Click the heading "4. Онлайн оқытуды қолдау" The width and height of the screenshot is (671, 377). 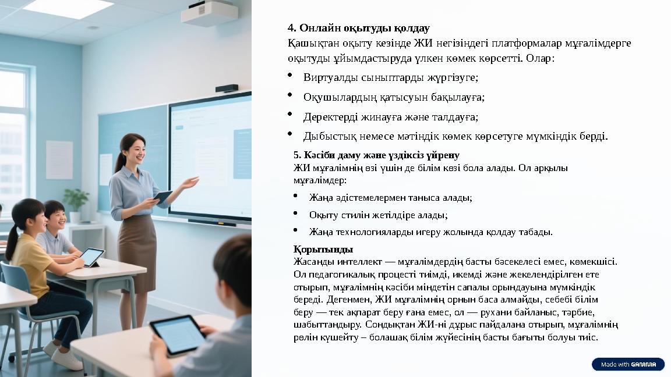coord(359,28)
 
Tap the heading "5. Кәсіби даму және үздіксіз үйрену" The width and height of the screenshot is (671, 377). coord(376,155)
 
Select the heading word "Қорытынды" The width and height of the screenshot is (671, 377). coord(323,250)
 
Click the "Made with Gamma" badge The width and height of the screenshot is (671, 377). coord(628,364)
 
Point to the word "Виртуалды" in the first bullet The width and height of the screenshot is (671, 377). coord(329,77)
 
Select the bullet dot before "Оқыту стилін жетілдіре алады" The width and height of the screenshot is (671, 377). coord(295,213)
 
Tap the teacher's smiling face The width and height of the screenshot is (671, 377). coord(133,150)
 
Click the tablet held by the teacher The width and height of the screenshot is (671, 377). coord(163,197)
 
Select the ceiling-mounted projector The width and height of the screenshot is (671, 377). coord(209,13)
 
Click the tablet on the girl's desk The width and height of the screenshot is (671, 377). coord(91,257)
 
